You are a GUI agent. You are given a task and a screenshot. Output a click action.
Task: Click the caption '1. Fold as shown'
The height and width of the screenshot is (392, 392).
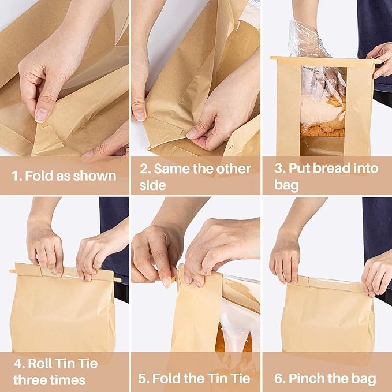click(64, 176)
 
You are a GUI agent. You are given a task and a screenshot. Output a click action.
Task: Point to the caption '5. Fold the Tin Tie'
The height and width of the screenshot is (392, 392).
click(195, 379)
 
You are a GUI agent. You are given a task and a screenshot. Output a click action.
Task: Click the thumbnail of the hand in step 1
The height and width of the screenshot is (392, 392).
click(41, 115)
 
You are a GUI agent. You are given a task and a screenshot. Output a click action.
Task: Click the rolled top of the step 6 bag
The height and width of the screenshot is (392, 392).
click(326, 283)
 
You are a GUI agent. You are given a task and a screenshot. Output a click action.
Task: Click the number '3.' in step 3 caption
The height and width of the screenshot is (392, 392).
click(278, 169)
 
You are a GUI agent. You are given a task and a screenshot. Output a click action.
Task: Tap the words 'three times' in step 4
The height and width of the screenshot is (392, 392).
click(49, 380)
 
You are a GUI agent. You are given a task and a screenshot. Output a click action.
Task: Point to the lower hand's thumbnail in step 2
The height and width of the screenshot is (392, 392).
click(192, 133)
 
